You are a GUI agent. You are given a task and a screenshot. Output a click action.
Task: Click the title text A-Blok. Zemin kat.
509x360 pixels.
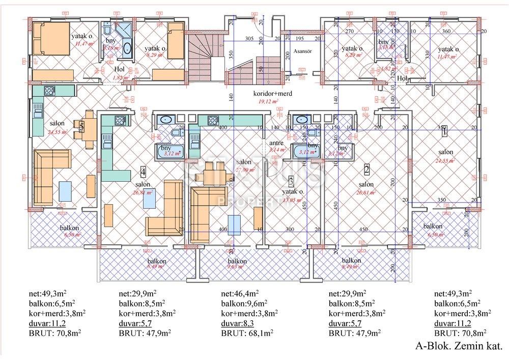tap(459, 346)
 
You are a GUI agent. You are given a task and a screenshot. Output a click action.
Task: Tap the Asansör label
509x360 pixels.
tap(302, 52)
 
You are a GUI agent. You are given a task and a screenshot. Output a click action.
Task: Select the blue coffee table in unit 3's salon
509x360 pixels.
tap(234, 224)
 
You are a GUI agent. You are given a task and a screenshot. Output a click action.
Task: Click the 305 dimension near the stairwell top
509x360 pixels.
tap(249, 39)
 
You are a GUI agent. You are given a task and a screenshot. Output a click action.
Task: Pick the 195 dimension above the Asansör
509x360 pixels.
tap(299, 39)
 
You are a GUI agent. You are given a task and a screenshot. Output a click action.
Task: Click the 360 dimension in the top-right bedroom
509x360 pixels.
tap(446, 32)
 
